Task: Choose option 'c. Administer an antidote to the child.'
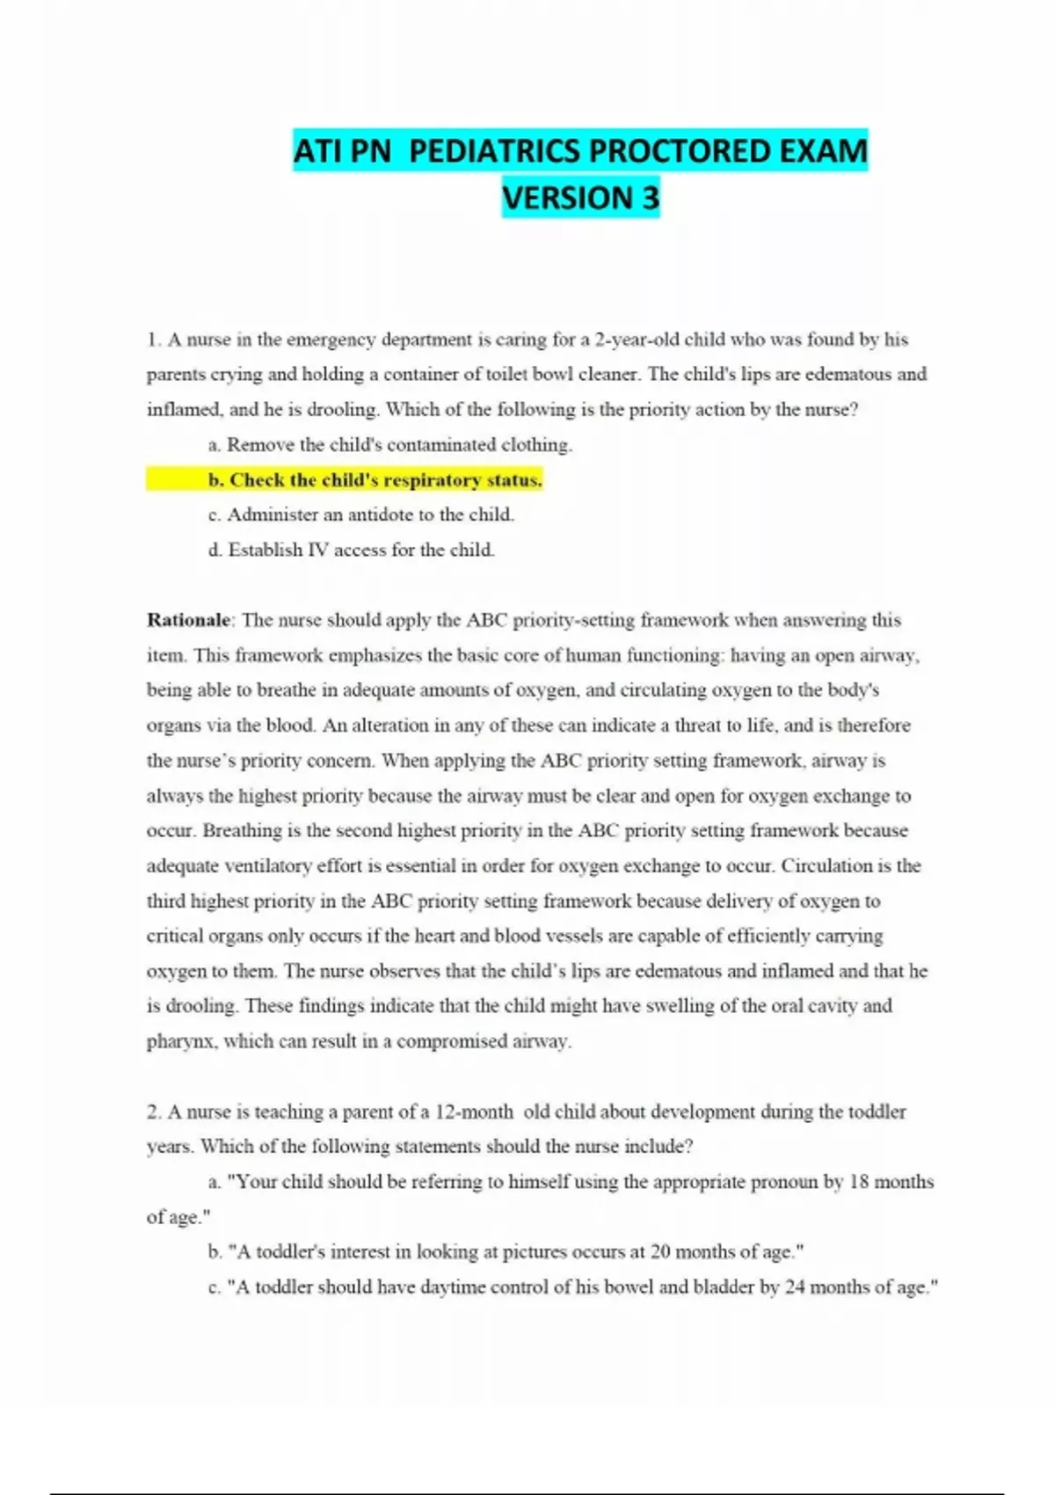tap(370, 514)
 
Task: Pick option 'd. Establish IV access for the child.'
tap(361, 550)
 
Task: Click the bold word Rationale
tap(188, 620)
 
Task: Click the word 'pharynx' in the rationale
tap(180, 1042)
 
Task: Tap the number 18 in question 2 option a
tap(859, 1182)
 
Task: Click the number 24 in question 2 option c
tap(794, 1287)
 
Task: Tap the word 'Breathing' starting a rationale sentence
tap(243, 831)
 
